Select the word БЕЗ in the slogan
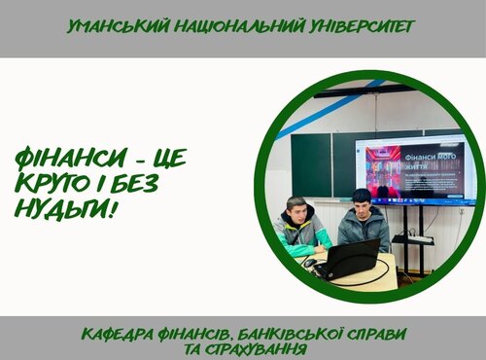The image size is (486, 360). (130, 184)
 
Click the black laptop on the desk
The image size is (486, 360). (349, 258)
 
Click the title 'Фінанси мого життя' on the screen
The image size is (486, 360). (433, 159)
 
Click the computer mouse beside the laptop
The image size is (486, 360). (309, 264)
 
